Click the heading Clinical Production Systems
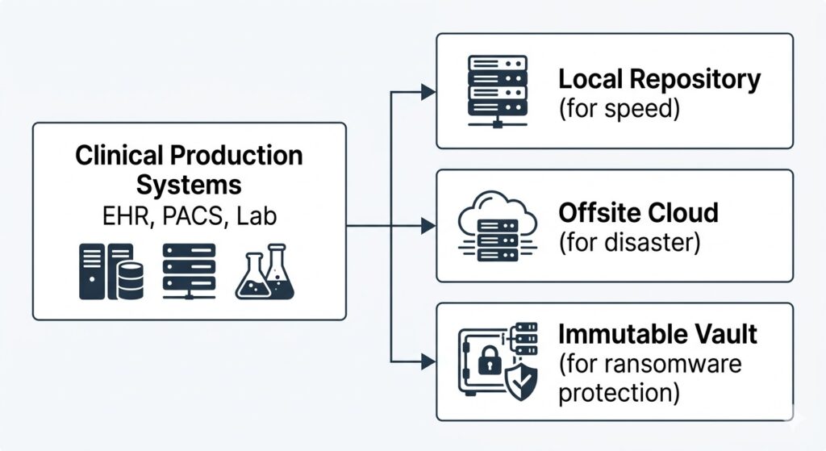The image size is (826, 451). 189,169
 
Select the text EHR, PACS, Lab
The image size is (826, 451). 189,216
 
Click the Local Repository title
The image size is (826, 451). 659,79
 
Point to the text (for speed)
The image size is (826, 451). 619,108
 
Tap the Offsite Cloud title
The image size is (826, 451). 637,213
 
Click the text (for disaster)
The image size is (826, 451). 629,242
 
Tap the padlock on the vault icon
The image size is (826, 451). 489,361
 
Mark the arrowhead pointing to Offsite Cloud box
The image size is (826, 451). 428,227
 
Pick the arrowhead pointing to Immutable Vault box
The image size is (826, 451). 428,361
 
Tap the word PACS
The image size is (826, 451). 189,216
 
